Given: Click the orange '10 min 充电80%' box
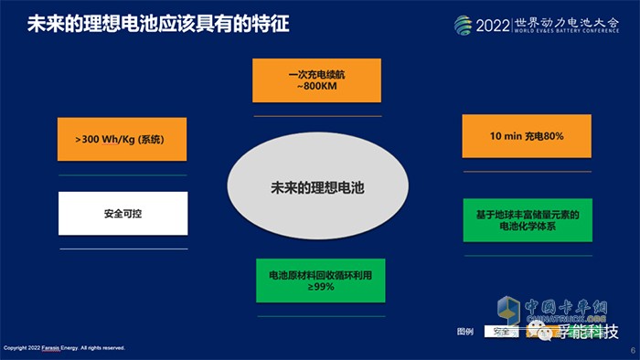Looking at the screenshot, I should pyautogui.click(x=528, y=135).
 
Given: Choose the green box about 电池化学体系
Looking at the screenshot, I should pyautogui.click(x=528, y=220).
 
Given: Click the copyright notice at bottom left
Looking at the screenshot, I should pyautogui.click(x=64, y=348).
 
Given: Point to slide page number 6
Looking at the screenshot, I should pyautogui.click(x=632, y=349).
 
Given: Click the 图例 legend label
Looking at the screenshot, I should pyautogui.click(x=465, y=332).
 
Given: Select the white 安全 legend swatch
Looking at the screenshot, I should pyautogui.click(x=500, y=332).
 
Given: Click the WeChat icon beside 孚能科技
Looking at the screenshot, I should pyautogui.click(x=546, y=333).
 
